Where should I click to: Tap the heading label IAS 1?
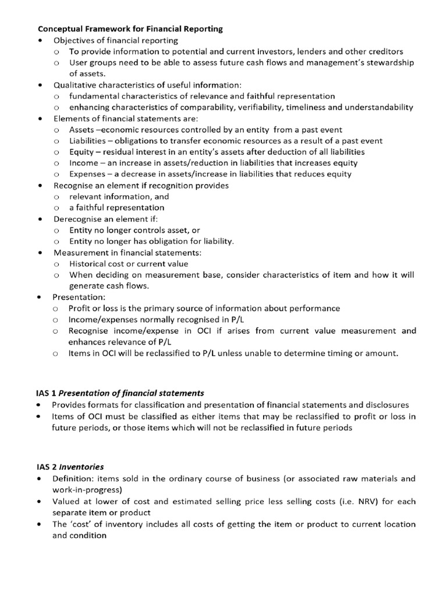[47, 393]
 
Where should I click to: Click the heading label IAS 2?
[47, 467]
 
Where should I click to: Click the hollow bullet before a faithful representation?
[56, 208]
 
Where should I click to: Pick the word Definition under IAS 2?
[73, 478]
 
